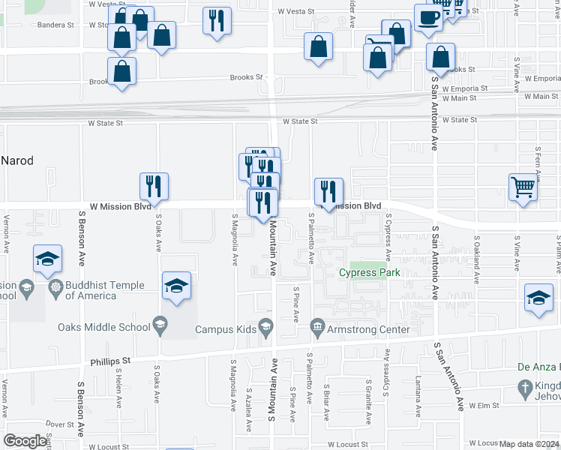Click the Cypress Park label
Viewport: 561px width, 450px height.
(x=368, y=273)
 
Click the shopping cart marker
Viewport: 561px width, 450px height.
(x=523, y=187)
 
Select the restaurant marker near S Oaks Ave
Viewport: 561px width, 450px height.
(x=154, y=186)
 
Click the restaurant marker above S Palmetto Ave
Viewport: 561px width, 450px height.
(x=328, y=191)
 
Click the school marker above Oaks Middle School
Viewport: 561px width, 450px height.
(x=176, y=285)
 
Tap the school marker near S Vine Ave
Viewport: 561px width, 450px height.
(x=538, y=297)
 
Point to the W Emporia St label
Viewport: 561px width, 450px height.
(x=461, y=88)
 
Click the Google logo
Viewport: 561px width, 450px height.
(x=25, y=441)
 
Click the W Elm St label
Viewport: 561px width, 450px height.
(x=484, y=406)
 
